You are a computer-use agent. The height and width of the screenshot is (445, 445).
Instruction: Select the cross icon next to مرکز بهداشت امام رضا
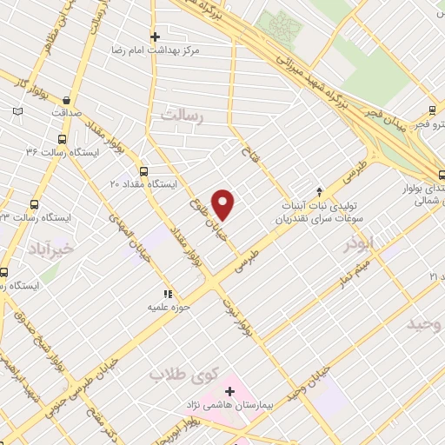(155, 37)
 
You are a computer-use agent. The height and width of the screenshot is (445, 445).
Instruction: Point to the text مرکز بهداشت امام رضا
(155, 51)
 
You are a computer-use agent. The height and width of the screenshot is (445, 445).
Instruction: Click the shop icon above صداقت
(66, 98)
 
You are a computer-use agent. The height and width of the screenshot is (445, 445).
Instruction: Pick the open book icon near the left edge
(19, 111)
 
